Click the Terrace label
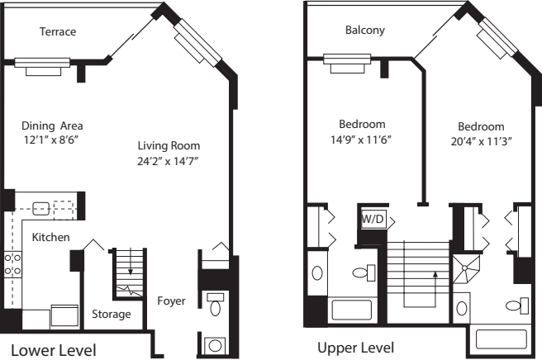pos(58,32)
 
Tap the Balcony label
pos(364,31)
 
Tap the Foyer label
pos(171,301)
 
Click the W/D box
pos(372,220)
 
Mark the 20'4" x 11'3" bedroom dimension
pos(480,140)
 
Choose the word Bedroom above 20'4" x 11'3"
pos(481,126)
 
